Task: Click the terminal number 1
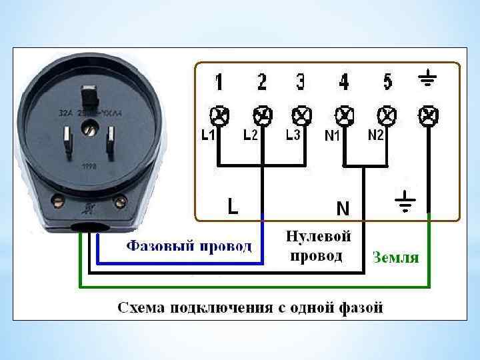coord(219,83)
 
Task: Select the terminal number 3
coord(301,83)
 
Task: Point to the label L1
coord(209,135)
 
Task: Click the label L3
coord(293,135)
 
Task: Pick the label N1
coord(333,137)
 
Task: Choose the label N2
coord(376,135)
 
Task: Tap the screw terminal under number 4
coord(344,116)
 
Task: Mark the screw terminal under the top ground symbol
coord(427,116)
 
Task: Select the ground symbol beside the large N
coord(404,201)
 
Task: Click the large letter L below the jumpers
coord(231,206)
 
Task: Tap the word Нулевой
coord(318,236)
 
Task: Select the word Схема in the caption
coord(141,307)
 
